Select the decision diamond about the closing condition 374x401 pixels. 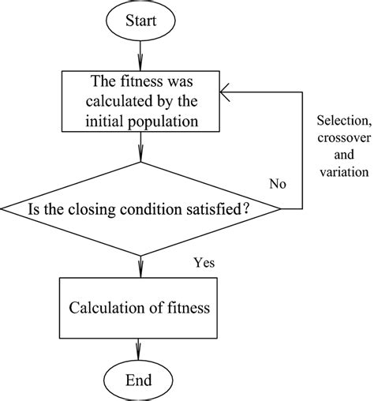[x=140, y=209]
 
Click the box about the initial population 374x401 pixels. [x=140, y=100]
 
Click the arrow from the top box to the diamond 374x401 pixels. [x=140, y=145]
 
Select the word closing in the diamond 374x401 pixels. [x=108, y=210]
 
